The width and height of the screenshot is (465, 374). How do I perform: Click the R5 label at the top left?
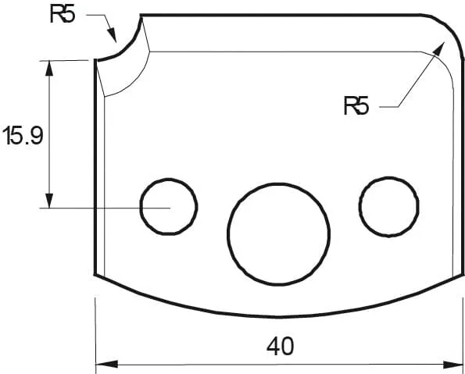pyautogui.click(x=63, y=15)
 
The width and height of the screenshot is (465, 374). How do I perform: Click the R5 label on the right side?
pyautogui.click(x=356, y=105)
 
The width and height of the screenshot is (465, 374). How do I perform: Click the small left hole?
pyautogui.click(x=169, y=207)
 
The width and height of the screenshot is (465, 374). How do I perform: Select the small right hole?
pyautogui.click(x=388, y=205)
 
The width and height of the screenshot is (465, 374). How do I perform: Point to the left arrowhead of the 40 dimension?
pyautogui.click(x=103, y=364)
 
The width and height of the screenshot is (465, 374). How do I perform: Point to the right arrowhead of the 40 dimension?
pyautogui.click(x=456, y=364)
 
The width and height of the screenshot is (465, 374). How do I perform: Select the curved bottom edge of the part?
pyautogui.click(x=278, y=316)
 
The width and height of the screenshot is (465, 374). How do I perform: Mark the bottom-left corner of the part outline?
pyautogui.click(x=95, y=275)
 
